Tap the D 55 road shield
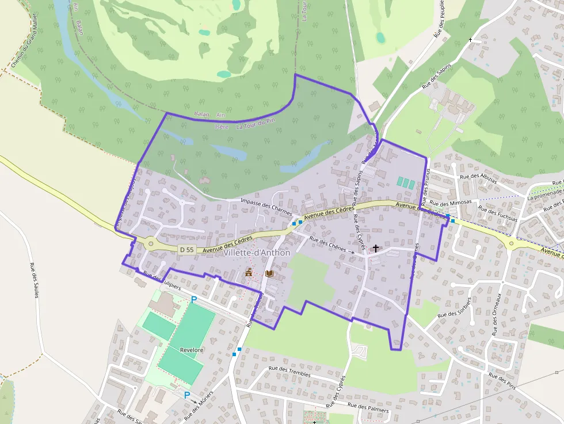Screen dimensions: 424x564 click(186, 250)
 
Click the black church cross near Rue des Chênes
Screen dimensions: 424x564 click(376, 249)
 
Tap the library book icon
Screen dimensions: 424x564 click(269, 274)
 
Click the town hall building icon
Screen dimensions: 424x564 click(249, 272)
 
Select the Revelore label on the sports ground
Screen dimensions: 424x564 click(192, 350)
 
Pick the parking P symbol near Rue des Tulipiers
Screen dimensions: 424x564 click(194, 299)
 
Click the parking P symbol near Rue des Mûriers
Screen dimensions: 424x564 click(186, 395)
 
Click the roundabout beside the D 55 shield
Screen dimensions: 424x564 click(151, 244)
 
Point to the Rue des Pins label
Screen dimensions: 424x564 click(501, 383)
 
